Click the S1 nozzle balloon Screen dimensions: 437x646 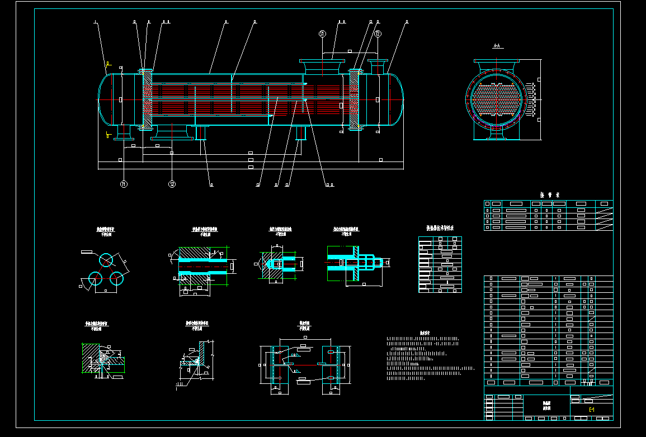coord(322,34)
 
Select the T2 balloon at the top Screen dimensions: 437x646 coord(378,34)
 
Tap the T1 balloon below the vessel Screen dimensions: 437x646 coord(124,183)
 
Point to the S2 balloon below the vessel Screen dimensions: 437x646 coord(172,183)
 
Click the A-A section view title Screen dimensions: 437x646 coord(496,46)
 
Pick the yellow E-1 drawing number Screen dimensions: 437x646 coord(592,410)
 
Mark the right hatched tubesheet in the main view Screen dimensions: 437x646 coord(354,99)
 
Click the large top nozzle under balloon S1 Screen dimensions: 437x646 coord(322,66)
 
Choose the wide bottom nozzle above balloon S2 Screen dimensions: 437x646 coord(171,131)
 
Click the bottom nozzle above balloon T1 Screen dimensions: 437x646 coord(123,132)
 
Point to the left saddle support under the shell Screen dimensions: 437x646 coord(201,133)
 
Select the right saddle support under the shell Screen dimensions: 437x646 coord(301,133)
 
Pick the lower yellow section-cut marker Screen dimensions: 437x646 coord(108,134)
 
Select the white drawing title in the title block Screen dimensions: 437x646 coord(546,405)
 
